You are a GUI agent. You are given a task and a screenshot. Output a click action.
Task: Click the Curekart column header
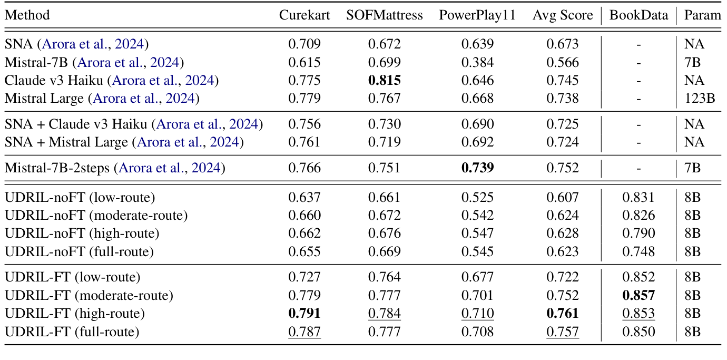tap(304, 15)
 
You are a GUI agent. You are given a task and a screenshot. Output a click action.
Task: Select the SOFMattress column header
tap(384, 15)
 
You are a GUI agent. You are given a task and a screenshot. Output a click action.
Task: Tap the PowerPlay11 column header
tap(477, 15)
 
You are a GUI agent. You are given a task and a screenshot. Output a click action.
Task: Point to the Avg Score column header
tap(562, 15)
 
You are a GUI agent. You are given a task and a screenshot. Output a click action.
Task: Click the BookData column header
tap(638, 15)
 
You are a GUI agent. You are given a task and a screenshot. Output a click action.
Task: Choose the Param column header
tap(702, 15)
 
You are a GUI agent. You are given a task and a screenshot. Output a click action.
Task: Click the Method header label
tap(27, 15)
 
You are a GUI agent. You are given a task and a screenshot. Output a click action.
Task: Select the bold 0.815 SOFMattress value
tap(384, 81)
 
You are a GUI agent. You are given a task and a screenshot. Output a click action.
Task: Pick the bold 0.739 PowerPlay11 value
tap(477, 168)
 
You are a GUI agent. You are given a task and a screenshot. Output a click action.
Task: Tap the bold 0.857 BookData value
tap(638, 295)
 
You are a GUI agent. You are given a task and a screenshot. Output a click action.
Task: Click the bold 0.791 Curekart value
tap(304, 314)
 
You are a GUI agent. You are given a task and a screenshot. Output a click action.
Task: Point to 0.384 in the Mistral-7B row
tap(477, 63)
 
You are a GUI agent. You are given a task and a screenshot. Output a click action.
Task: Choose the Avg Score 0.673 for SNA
tap(562, 44)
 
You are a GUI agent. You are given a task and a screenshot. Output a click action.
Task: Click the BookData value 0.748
tap(638, 251)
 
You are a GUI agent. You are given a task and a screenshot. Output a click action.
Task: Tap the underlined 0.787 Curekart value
tap(304, 332)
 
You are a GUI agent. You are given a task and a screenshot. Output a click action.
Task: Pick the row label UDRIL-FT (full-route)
tap(72, 332)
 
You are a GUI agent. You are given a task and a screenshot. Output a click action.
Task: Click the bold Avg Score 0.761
tap(562, 314)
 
